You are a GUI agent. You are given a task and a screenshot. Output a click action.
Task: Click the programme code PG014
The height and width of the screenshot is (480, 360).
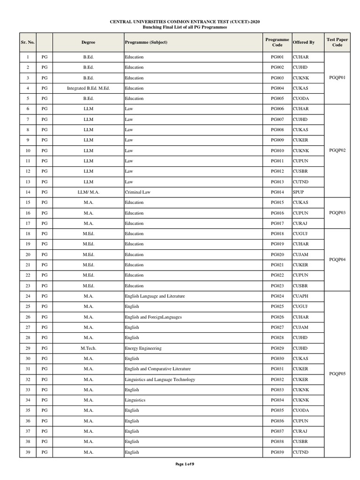click(277, 192)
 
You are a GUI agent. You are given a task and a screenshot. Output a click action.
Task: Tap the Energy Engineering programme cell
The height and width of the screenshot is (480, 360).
click(143, 348)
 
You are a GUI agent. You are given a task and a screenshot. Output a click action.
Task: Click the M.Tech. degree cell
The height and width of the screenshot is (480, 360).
click(88, 348)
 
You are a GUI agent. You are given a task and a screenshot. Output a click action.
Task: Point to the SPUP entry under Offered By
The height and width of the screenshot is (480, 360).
click(299, 192)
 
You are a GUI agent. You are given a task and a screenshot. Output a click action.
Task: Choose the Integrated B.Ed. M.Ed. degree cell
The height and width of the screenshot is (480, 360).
click(88, 88)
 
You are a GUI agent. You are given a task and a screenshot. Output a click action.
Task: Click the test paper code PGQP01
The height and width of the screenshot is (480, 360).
click(337, 78)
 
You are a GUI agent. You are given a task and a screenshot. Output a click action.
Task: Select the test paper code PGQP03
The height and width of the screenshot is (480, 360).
click(337, 213)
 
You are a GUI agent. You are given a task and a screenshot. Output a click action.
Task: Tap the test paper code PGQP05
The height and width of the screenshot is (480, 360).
click(337, 374)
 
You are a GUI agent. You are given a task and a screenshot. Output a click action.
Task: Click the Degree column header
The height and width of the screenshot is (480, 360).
click(88, 42)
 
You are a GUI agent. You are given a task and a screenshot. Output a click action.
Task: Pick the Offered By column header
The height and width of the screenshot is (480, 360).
click(304, 42)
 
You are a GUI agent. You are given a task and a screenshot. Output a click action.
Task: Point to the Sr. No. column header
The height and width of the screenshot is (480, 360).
click(28, 42)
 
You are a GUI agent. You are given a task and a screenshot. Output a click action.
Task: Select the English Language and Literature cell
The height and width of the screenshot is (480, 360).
click(155, 296)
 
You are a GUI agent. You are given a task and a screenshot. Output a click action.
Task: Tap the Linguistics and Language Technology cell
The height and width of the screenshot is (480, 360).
click(160, 379)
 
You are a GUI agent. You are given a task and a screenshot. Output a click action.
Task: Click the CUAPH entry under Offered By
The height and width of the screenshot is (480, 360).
click(301, 296)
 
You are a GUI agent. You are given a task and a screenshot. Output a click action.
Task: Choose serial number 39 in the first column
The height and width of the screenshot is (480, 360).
click(28, 452)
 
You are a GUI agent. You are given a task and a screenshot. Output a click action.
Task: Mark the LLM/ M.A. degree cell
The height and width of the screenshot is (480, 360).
click(88, 192)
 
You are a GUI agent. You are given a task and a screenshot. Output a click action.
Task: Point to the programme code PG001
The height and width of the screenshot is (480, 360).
click(277, 57)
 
